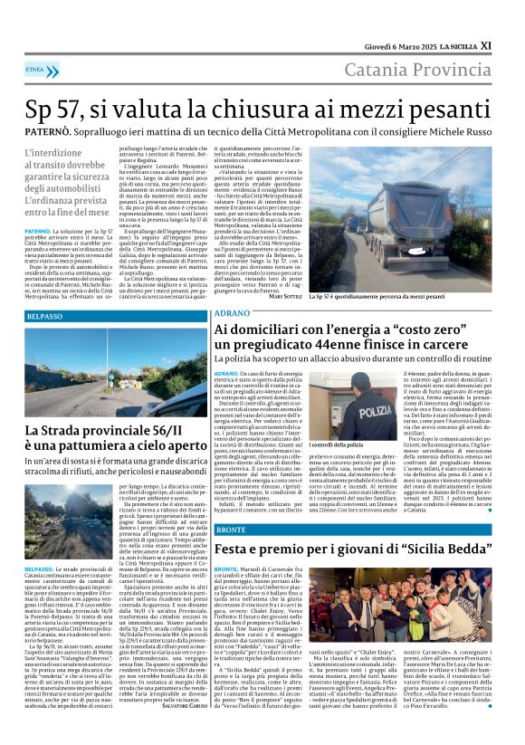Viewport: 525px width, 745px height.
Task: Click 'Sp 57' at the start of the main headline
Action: tap(52, 100)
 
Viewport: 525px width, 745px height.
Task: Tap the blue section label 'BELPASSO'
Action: tap(45, 316)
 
